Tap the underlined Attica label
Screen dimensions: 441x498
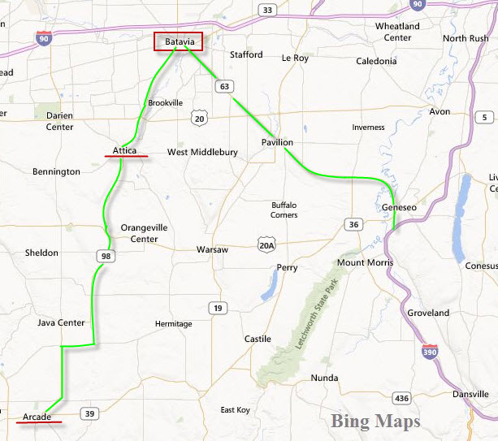tap(125, 150)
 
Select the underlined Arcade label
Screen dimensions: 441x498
tap(37, 417)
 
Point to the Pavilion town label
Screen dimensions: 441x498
tap(277, 143)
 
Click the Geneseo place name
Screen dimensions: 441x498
tap(399, 208)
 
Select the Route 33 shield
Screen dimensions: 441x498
tap(266, 10)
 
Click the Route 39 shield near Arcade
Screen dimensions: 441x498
tap(90, 414)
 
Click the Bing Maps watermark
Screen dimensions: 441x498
tap(375, 422)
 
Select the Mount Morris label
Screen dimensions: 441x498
tap(365, 263)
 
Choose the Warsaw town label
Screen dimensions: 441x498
tap(212, 249)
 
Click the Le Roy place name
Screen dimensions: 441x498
tap(295, 58)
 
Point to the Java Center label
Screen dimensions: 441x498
tap(61, 322)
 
